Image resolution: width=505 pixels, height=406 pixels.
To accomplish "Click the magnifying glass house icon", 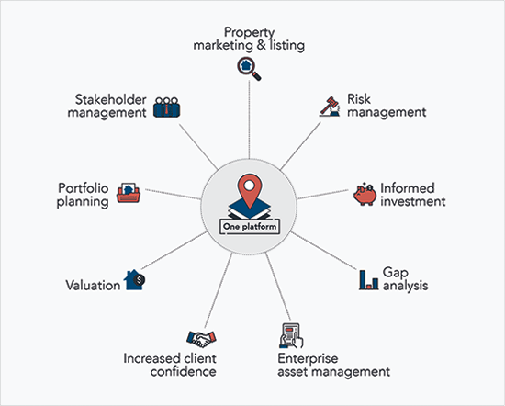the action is [x=249, y=68].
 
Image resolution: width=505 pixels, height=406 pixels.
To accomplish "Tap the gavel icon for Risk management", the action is [x=330, y=107].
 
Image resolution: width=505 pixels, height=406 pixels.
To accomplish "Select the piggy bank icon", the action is [x=365, y=194].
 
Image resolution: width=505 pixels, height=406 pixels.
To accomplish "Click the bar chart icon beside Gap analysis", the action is [x=368, y=279].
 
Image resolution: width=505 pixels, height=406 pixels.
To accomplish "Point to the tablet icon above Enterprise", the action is [x=291, y=336].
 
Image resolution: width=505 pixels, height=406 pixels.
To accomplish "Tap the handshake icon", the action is [x=201, y=339].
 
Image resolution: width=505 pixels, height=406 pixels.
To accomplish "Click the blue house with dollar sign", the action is [x=134, y=279].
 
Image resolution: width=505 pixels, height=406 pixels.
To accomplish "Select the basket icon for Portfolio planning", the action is [x=129, y=193].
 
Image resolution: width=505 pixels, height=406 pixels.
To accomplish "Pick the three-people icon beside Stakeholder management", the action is [x=166, y=107].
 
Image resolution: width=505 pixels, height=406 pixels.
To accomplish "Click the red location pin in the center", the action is [x=249, y=190].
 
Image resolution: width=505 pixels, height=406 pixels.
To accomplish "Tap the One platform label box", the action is [x=250, y=227].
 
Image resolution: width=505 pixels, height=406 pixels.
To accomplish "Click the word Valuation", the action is [x=93, y=285].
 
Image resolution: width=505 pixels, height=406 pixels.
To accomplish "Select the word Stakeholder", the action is [x=111, y=99].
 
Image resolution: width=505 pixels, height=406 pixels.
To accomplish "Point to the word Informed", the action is [x=408, y=188].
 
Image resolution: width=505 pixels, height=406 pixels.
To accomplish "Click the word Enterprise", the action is [x=308, y=358].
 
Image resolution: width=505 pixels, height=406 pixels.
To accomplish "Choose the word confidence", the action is [x=183, y=371].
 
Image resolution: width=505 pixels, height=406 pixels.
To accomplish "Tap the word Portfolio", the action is [x=83, y=188].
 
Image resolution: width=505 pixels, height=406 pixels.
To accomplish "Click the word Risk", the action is [x=359, y=99].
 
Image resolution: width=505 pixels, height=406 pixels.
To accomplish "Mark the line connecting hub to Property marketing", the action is [x=249, y=119].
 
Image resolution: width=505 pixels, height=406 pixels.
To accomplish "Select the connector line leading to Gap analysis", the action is [x=324, y=251].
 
